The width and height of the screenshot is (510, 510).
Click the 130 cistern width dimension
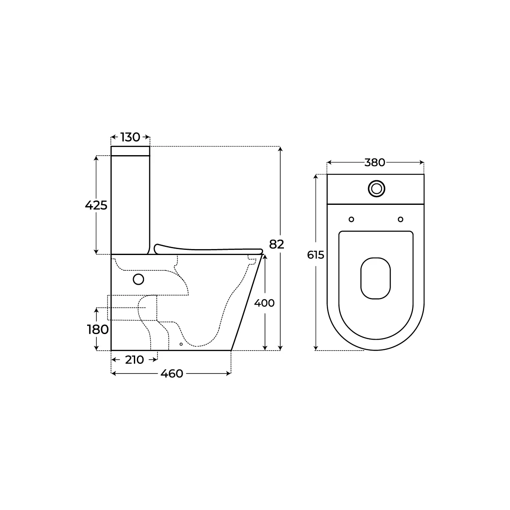pyautogui.click(x=130, y=137)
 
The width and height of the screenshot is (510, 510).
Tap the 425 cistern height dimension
pyautogui.click(x=96, y=205)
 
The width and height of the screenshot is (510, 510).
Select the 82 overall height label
pyautogui.click(x=277, y=244)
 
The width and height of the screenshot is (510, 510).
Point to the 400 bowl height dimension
pyautogui.click(x=264, y=303)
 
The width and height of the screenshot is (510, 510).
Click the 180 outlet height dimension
pyautogui.click(x=98, y=329)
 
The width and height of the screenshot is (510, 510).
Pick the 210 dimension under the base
pyautogui.click(x=134, y=360)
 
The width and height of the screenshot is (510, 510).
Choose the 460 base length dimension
pyautogui.click(x=172, y=374)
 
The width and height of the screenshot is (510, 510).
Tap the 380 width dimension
pyautogui.click(x=375, y=162)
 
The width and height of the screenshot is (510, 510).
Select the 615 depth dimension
pyautogui.click(x=315, y=255)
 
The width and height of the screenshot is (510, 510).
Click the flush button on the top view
pyautogui.click(x=377, y=189)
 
